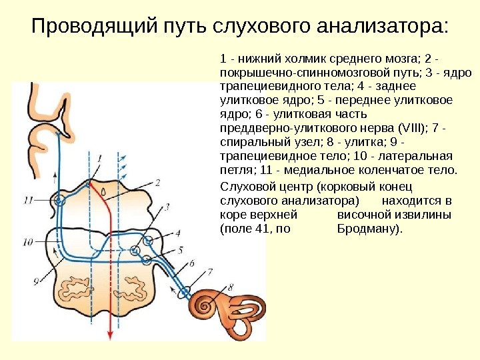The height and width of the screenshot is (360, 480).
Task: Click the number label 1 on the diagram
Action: click(99, 158)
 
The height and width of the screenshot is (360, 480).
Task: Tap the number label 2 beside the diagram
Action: click(157, 182)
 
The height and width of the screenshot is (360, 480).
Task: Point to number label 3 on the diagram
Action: click(167, 207)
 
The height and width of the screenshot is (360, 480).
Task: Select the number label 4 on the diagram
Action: click(178, 233)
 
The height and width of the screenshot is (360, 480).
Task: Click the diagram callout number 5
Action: click(180, 250)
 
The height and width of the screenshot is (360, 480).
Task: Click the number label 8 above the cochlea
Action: click(231, 287)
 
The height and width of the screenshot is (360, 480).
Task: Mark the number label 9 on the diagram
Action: click(27, 281)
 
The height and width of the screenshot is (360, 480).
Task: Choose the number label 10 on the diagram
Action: click(27, 242)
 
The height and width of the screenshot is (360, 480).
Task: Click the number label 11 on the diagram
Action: click(27, 199)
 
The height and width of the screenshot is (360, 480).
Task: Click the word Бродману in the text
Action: click(369, 229)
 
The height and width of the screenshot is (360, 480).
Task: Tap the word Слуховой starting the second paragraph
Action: click(245, 187)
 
